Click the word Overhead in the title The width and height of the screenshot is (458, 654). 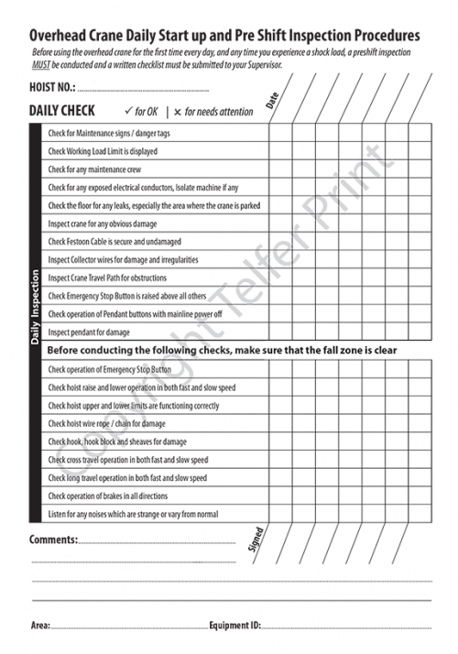tap(62, 34)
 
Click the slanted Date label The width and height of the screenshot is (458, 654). tap(272, 100)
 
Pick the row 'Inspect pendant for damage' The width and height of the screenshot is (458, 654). tap(89, 332)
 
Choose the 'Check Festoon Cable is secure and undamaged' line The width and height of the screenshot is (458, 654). tap(114, 242)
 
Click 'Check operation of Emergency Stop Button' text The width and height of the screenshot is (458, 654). tap(109, 370)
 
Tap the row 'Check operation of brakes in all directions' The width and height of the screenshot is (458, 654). tap(114, 496)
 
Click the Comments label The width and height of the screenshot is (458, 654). tap(53, 540)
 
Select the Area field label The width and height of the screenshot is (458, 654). tap(39, 626)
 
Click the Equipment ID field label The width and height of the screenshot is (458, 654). tap(234, 626)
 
